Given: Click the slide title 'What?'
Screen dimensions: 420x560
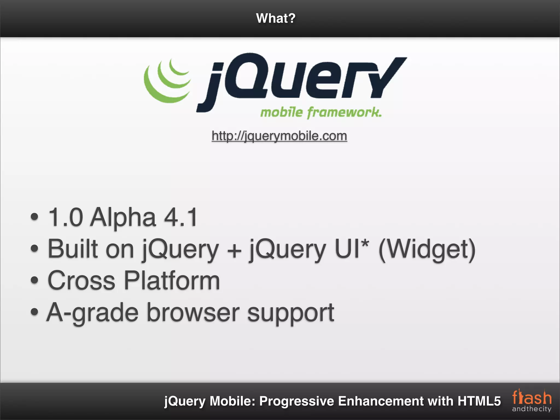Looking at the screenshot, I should point(276,18).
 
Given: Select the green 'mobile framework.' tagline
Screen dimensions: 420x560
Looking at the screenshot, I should point(321,112).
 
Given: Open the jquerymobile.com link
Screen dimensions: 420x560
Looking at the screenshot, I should point(279,136).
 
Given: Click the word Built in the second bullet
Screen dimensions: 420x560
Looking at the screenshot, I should point(73,249).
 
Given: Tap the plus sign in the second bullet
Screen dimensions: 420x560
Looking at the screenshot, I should point(234,250).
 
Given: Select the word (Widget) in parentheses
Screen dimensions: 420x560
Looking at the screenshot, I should point(427,249).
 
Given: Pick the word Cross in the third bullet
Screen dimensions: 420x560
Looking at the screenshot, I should point(81,281).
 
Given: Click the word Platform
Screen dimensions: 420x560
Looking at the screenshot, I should point(172,281).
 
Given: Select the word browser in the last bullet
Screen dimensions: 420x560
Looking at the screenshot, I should point(193,312).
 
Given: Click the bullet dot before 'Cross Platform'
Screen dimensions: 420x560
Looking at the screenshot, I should point(34,280).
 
